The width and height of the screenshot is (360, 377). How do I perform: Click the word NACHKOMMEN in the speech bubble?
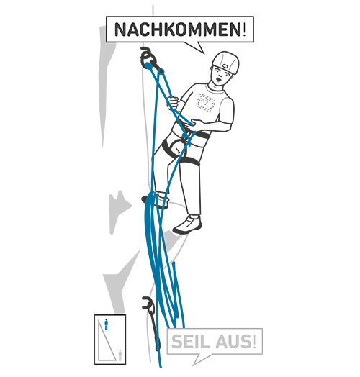tap(178, 29)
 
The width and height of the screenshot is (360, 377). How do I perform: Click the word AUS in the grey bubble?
tap(234, 341)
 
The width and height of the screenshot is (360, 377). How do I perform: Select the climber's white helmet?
tap(226, 62)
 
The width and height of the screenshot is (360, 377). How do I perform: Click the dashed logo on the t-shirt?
tap(205, 102)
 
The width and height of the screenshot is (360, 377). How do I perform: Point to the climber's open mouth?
tap(219, 78)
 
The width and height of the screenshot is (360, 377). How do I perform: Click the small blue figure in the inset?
tap(106, 324)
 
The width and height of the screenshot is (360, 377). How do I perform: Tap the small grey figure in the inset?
tap(120, 355)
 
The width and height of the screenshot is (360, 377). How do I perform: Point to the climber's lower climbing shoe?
tap(188, 225)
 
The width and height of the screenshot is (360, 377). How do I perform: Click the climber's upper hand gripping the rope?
tap(173, 103)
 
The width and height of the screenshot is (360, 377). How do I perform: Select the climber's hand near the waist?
tap(195, 123)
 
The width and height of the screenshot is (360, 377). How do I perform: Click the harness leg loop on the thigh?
tap(189, 161)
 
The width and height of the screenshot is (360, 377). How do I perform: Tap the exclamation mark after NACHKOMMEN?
tap(245, 29)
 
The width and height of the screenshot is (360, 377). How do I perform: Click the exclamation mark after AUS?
tap(254, 341)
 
